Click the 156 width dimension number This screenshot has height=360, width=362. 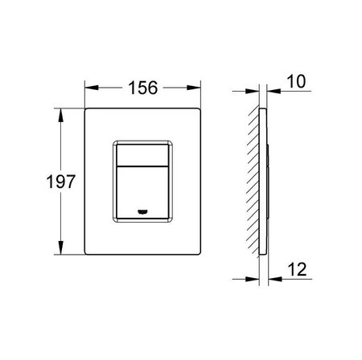pyautogui.click(x=143, y=88)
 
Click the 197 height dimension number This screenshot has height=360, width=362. pyautogui.click(x=60, y=182)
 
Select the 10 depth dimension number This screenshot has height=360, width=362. pyautogui.click(x=296, y=81)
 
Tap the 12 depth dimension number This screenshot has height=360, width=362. pyautogui.click(x=297, y=269)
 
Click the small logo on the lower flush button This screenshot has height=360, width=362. pyautogui.click(x=142, y=212)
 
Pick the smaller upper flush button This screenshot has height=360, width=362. pyautogui.click(x=142, y=155)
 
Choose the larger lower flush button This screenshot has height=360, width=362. pyautogui.click(x=142, y=193)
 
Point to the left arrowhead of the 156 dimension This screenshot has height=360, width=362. pyautogui.click(x=92, y=88)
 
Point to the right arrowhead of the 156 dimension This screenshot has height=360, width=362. pyautogui.click(x=194, y=88)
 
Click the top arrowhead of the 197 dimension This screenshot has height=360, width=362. pyautogui.click(x=61, y=115)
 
